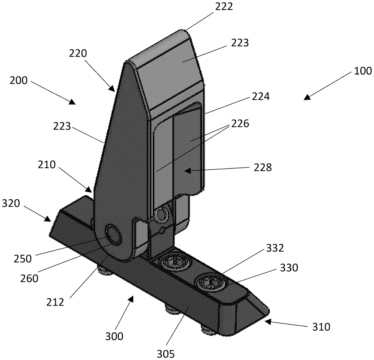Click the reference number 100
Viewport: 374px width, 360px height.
coord(363,71)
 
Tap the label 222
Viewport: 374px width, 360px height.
coord(224,7)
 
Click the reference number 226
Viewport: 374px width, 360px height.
coord(240,124)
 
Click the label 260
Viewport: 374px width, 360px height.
coord(29,278)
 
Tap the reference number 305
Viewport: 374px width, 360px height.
coord(166,354)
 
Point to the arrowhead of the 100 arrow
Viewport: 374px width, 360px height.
coord(307,98)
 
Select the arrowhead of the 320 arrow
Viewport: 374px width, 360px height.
coord(48,219)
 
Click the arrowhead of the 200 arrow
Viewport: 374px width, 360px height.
coord(72,102)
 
